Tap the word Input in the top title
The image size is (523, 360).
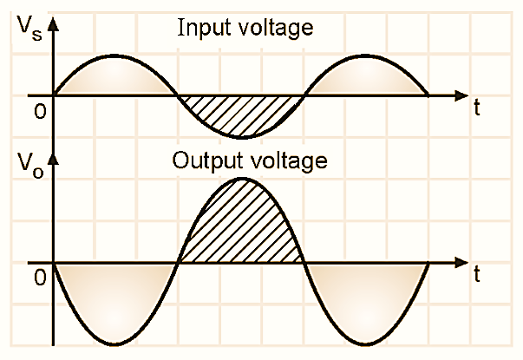coord(199,28)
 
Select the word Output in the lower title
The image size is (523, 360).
coord(203,160)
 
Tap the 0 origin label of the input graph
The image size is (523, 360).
coord(37,112)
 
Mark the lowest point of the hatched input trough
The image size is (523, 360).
coord(241,137)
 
